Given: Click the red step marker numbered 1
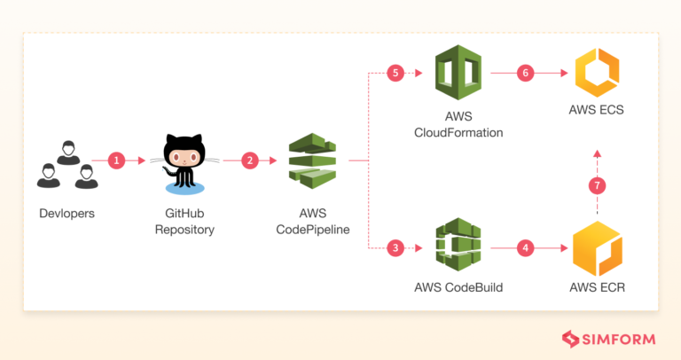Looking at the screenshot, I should [116, 161].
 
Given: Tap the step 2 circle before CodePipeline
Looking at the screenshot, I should [250, 161].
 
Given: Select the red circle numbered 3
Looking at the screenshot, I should [395, 247].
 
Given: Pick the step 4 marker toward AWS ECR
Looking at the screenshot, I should [527, 247].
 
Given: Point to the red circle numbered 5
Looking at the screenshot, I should [395, 73].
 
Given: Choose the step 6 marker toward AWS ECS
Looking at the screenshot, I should [527, 73].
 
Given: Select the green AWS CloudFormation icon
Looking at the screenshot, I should [458, 74].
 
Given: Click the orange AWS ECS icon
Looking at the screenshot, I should [597, 74].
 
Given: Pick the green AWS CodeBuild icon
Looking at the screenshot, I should [458, 247].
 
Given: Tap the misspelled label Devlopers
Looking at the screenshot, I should [66, 215].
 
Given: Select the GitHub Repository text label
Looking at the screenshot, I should [184, 222].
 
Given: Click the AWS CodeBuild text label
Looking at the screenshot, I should [458, 287].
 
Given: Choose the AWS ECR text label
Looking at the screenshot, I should [597, 287].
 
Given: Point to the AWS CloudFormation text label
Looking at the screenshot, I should [458, 125].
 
